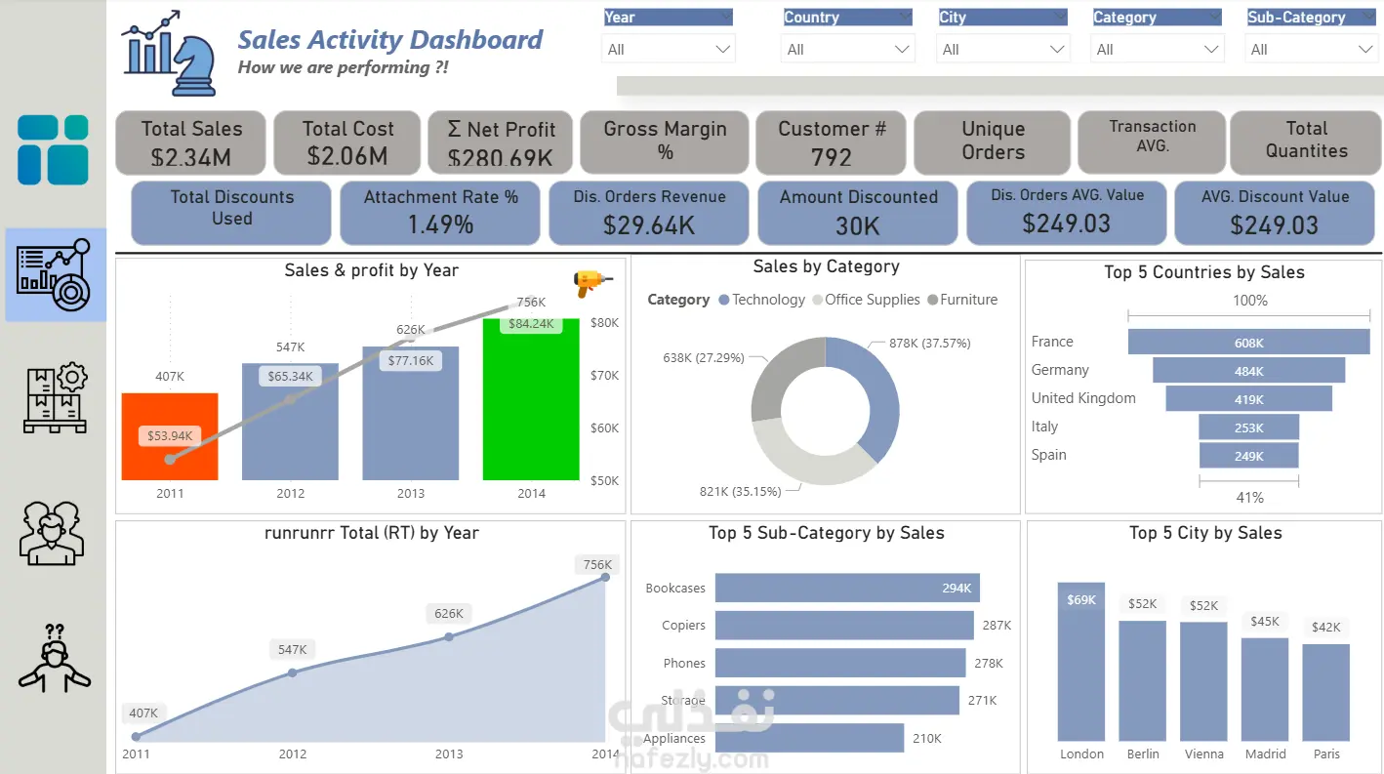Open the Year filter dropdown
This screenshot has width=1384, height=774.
pyautogui.click(x=669, y=49)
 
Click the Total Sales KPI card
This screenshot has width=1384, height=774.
pyautogui.click(x=191, y=143)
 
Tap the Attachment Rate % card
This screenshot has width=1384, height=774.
pyautogui.click(x=440, y=212)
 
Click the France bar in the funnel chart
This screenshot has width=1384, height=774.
pyautogui.click(x=1248, y=342)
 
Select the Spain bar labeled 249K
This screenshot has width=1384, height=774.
pyautogui.click(x=1248, y=456)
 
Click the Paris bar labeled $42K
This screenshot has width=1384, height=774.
pyautogui.click(x=1325, y=692)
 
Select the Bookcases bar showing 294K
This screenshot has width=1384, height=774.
pyautogui.click(x=846, y=588)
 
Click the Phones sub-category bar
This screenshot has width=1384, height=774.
pyautogui.click(x=839, y=663)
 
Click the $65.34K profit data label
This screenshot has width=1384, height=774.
pyautogui.click(x=290, y=376)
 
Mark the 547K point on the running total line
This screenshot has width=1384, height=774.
pyautogui.click(x=292, y=672)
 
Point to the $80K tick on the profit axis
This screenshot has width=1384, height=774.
pyautogui.click(x=605, y=323)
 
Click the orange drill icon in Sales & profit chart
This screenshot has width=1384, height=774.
pyautogui.click(x=591, y=283)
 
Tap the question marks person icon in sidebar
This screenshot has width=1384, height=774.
pyautogui.click(x=55, y=659)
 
